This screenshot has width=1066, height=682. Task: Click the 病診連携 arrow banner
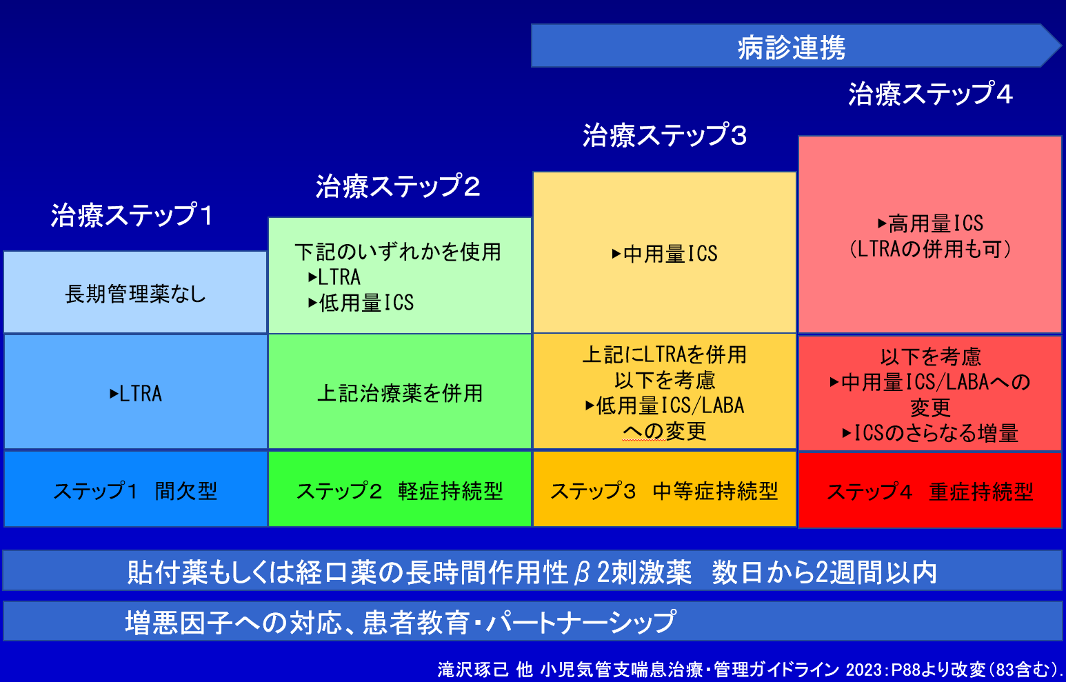[x=796, y=46]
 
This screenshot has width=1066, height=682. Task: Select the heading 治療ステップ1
[x=132, y=215]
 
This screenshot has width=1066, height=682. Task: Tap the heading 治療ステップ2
[x=398, y=185]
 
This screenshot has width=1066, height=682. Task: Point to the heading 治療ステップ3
[x=665, y=134]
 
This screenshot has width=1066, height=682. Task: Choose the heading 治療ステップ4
[x=930, y=93]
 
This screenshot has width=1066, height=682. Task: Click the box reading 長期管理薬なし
[x=135, y=292]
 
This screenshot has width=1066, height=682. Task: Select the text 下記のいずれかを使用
[x=398, y=252]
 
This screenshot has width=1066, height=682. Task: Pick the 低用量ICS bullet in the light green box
[x=361, y=303]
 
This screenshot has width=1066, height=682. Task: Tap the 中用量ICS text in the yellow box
[x=665, y=254]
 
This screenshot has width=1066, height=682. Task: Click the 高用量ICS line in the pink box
[x=930, y=223]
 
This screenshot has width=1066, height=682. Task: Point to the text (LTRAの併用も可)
[x=930, y=249]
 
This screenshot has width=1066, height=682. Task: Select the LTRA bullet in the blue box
[x=136, y=394]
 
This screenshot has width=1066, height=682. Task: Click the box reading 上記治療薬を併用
[x=400, y=392]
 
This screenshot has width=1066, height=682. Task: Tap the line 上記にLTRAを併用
[x=665, y=354]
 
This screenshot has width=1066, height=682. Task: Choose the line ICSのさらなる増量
[x=930, y=433]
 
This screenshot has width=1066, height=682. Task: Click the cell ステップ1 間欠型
[x=135, y=489]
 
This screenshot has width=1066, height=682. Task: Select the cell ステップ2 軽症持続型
[x=400, y=489]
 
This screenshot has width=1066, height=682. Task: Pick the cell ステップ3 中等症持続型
[x=664, y=489]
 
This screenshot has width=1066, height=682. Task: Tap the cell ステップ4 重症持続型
[x=930, y=490]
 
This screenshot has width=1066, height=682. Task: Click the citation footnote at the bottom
[x=750, y=670]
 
